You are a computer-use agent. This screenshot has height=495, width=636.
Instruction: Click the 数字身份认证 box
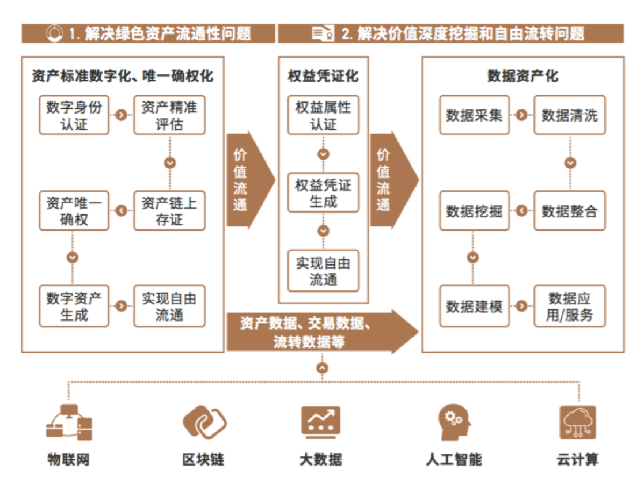74,115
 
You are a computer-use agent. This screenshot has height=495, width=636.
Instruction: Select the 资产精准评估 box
169,115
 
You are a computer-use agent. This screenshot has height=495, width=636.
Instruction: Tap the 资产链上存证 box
169,211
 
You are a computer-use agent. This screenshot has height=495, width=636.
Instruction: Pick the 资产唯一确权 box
74,211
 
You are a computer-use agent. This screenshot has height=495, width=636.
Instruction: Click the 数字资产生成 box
74,306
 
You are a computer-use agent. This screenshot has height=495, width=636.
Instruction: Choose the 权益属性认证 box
323,115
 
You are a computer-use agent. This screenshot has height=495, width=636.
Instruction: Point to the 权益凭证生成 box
323,193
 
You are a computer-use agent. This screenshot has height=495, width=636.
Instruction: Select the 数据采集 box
474,115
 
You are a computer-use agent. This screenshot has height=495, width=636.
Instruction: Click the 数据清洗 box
569,115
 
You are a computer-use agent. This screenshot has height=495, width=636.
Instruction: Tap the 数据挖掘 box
474,211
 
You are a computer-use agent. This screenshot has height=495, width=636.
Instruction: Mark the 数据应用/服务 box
569,306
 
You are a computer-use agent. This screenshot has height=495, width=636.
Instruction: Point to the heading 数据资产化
523,76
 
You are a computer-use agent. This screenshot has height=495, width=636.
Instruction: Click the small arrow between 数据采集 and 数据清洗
521,115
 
